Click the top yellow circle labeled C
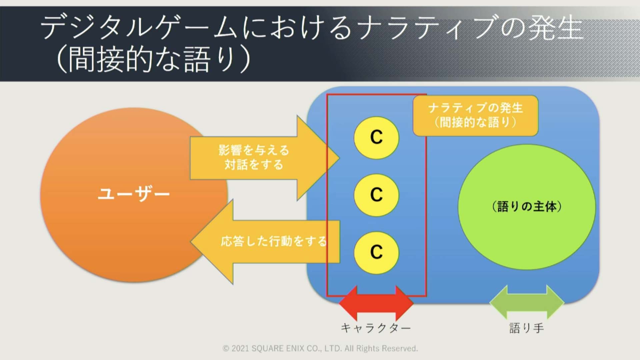point(376,138)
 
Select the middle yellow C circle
point(376,195)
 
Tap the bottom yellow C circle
point(376,253)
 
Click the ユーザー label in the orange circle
point(134,194)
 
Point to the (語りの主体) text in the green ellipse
point(527,207)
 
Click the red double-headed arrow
point(376,303)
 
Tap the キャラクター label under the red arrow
point(376,328)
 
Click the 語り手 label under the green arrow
point(527,328)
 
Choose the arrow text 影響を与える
point(254,150)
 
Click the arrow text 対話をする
point(254,164)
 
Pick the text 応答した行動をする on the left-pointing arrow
point(273,241)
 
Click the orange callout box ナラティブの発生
point(475,116)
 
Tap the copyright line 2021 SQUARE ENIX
point(320,348)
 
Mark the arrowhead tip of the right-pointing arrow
point(339,158)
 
